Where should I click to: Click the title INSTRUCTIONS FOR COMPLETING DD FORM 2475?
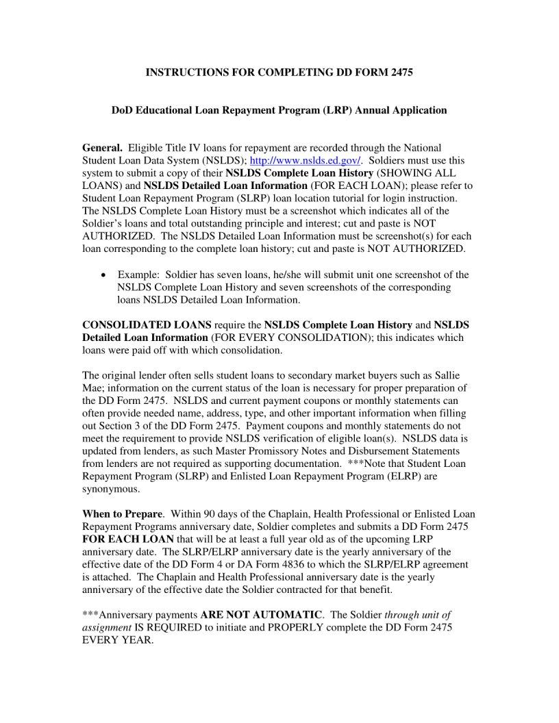pyautogui.click(x=279, y=72)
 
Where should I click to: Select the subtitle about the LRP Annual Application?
pyautogui.click(x=279, y=110)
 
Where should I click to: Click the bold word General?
pyautogui.click(x=103, y=149)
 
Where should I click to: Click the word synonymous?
pyautogui.click(x=111, y=489)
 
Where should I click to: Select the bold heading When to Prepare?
pyautogui.click(x=123, y=514)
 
